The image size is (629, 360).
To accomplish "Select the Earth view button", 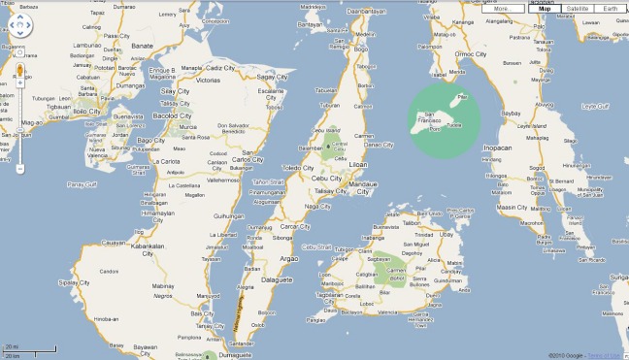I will [610, 9].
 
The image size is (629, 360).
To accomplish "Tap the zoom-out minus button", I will [19, 168].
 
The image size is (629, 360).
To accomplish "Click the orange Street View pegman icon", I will [19, 71].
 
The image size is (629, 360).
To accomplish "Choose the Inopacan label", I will [497, 147].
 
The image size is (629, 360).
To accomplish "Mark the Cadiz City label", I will [221, 68].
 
